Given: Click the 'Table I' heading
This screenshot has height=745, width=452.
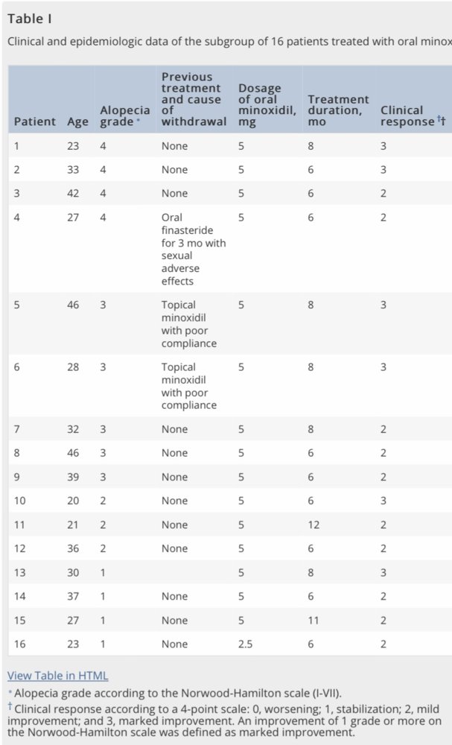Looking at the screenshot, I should (x=30, y=19).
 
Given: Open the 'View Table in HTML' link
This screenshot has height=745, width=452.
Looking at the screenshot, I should (x=57, y=676).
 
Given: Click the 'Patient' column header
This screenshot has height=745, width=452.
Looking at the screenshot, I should (x=35, y=121).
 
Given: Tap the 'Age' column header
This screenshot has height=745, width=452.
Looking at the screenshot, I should (x=77, y=121).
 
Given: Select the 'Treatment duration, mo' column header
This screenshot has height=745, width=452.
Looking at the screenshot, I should (x=338, y=110).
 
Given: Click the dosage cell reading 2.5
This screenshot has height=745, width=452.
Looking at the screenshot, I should (x=246, y=644).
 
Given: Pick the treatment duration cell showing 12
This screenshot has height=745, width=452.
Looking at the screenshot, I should (x=313, y=525).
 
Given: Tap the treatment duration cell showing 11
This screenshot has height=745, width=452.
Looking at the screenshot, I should (x=313, y=621).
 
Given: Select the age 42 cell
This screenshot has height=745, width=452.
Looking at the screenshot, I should (x=73, y=194).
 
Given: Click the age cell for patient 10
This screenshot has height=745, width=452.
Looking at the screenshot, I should (x=73, y=501).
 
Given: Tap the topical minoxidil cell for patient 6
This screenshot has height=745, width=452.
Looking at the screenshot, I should (x=189, y=386).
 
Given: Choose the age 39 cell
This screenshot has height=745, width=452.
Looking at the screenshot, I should (x=73, y=478).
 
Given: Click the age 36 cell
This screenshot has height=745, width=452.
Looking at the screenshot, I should (x=73, y=549).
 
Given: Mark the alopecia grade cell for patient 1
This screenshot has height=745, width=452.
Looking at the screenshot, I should (x=103, y=146).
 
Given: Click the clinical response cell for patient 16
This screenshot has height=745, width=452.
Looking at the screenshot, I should (x=383, y=644).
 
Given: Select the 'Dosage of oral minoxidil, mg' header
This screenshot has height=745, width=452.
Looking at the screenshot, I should (x=267, y=104).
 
